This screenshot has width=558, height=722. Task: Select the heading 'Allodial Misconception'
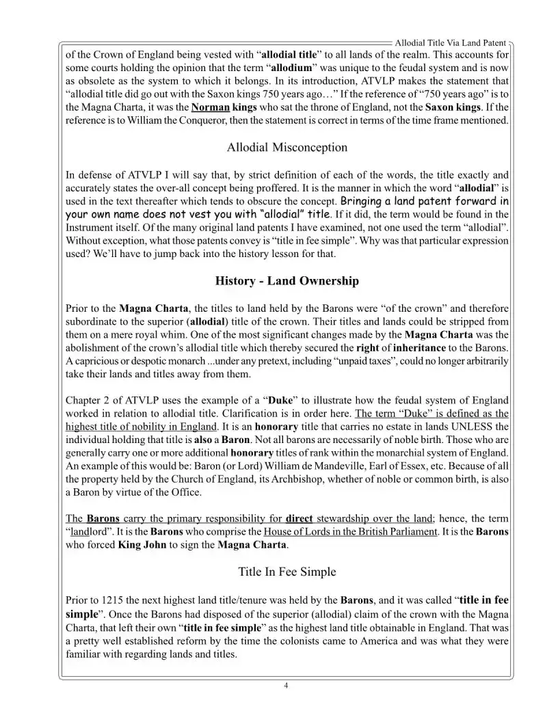(287, 147)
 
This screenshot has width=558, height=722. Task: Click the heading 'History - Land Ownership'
(287, 281)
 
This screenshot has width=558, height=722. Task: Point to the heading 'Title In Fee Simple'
(287, 572)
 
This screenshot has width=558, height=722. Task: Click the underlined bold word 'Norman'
(210, 108)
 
